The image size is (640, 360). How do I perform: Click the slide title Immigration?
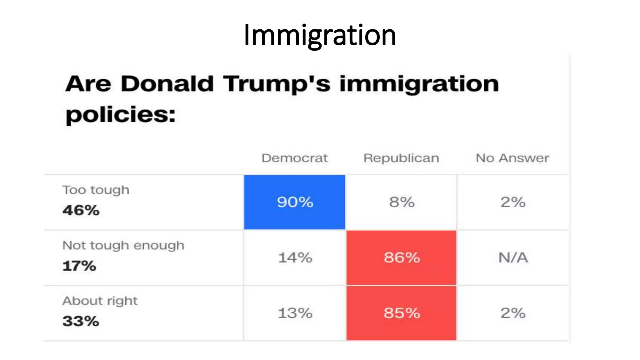coord(320,35)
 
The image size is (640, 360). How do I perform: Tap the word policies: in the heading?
coord(120,115)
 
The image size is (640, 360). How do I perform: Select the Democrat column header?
coord(295,158)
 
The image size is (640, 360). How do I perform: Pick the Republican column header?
coord(401,158)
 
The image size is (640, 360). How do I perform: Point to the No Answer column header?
coord(512,158)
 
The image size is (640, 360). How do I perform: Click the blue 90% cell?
coord(295,202)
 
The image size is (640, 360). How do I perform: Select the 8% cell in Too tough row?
coord(402,202)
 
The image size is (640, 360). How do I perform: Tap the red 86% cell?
coord(402,258)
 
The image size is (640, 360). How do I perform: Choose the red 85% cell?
coord(402,313)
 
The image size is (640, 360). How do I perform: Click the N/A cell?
coord(513,258)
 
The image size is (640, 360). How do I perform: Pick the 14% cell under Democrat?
coord(295,258)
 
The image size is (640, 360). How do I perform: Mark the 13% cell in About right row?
coord(295,313)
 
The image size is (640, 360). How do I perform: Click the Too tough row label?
coord(96,190)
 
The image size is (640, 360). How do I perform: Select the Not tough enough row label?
coord(123,246)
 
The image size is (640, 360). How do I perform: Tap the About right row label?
coord(100,301)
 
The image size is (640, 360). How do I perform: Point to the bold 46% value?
coord(81,210)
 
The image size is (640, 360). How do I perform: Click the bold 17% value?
coord(79,266)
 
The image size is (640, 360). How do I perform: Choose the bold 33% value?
coord(81,321)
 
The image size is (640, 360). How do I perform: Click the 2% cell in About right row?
coord(513,313)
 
